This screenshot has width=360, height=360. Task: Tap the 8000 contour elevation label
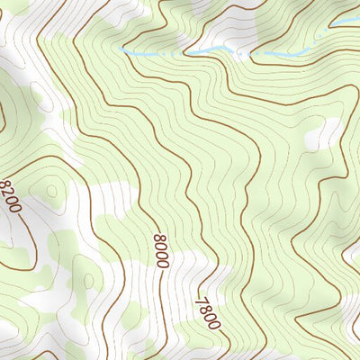[161, 250]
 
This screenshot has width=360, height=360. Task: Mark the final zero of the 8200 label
[18, 208]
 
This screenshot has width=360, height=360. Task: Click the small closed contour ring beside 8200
[49, 192]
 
